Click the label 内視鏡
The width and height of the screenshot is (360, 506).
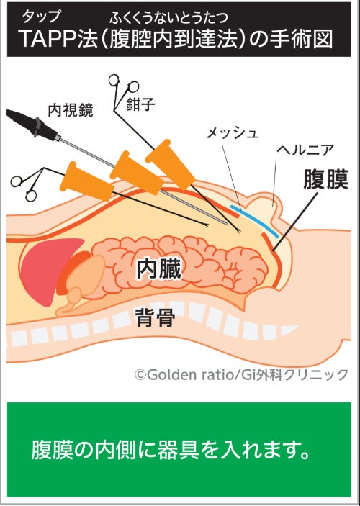click(x=71, y=110)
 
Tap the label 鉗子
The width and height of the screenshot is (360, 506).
click(x=140, y=104)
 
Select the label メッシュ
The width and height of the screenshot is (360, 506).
click(x=232, y=133)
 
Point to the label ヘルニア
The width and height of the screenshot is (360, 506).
click(x=305, y=150)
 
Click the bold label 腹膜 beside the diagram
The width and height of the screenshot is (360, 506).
click(x=325, y=179)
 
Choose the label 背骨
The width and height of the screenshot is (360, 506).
click(x=156, y=317)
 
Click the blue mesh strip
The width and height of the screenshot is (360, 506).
click(x=253, y=221)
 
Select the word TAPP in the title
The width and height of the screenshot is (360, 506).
click(x=49, y=40)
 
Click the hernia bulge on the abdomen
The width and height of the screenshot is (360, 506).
click(x=268, y=202)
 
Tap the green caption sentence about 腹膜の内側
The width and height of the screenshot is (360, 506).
click(x=171, y=450)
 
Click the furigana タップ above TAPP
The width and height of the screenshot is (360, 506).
click(x=41, y=16)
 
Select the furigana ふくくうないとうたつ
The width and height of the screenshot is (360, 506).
click(x=169, y=17)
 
